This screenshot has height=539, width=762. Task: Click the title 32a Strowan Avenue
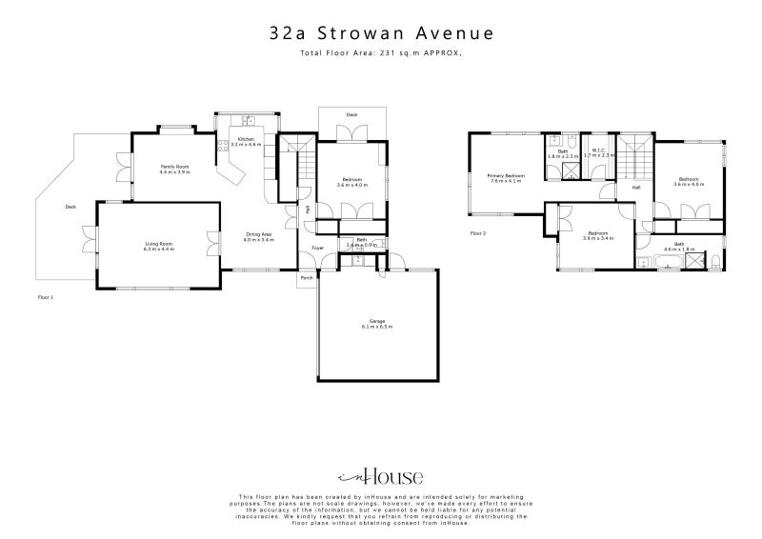tap(381, 33)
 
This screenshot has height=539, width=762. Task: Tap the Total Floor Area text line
tap(381, 53)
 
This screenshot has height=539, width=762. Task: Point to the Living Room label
tap(159, 244)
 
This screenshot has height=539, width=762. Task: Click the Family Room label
tap(175, 167)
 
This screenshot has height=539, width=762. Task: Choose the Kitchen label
tap(246, 140)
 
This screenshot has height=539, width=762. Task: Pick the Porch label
tap(307, 278)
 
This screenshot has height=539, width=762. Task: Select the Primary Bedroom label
tap(506, 175)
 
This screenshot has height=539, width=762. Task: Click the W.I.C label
tap(599, 150)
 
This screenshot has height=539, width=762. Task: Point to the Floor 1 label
tap(45, 297)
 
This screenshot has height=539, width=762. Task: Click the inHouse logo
tap(381, 477)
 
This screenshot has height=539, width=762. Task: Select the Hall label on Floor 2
tap(635, 188)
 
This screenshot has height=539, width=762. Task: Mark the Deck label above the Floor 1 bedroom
tap(351, 114)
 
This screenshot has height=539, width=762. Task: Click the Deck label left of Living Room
tap(70, 207)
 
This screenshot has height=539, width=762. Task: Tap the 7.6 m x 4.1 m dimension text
tap(506, 181)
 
